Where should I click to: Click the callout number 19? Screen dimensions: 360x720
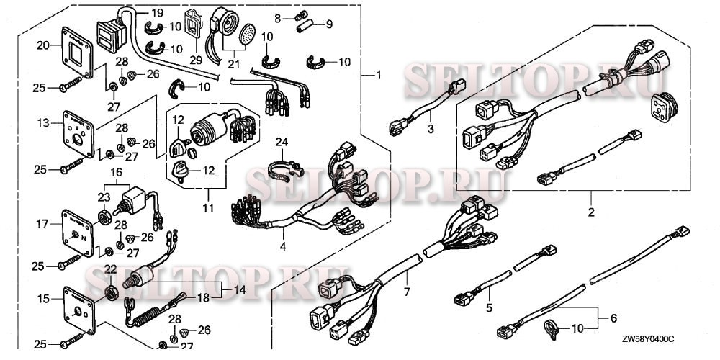point(157,14)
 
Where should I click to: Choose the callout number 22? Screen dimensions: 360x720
point(110,269)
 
